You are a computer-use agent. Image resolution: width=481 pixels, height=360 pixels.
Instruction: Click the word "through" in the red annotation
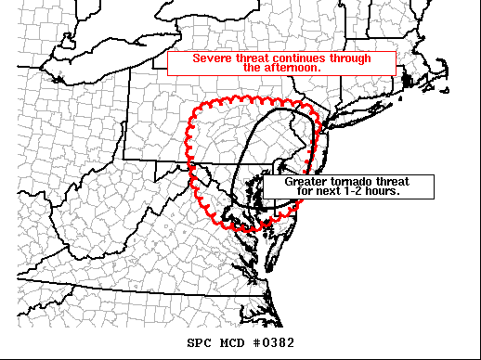(349, 58)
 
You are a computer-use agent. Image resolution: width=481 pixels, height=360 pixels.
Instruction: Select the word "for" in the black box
(310, 191)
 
